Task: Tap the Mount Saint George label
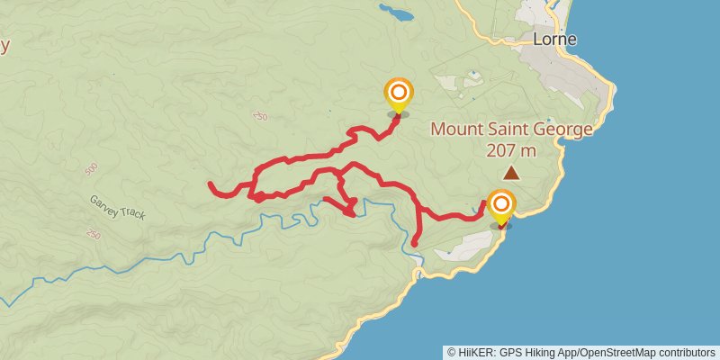511,129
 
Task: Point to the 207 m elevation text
511,149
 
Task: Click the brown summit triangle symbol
511,172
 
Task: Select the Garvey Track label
116,208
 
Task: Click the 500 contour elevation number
91,169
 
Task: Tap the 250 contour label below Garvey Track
94,235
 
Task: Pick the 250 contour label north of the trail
261,116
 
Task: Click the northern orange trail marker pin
399,94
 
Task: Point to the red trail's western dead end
210,184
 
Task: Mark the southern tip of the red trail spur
414,243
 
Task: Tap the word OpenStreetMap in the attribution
620,352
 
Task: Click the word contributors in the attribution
686,352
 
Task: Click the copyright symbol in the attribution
452,352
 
